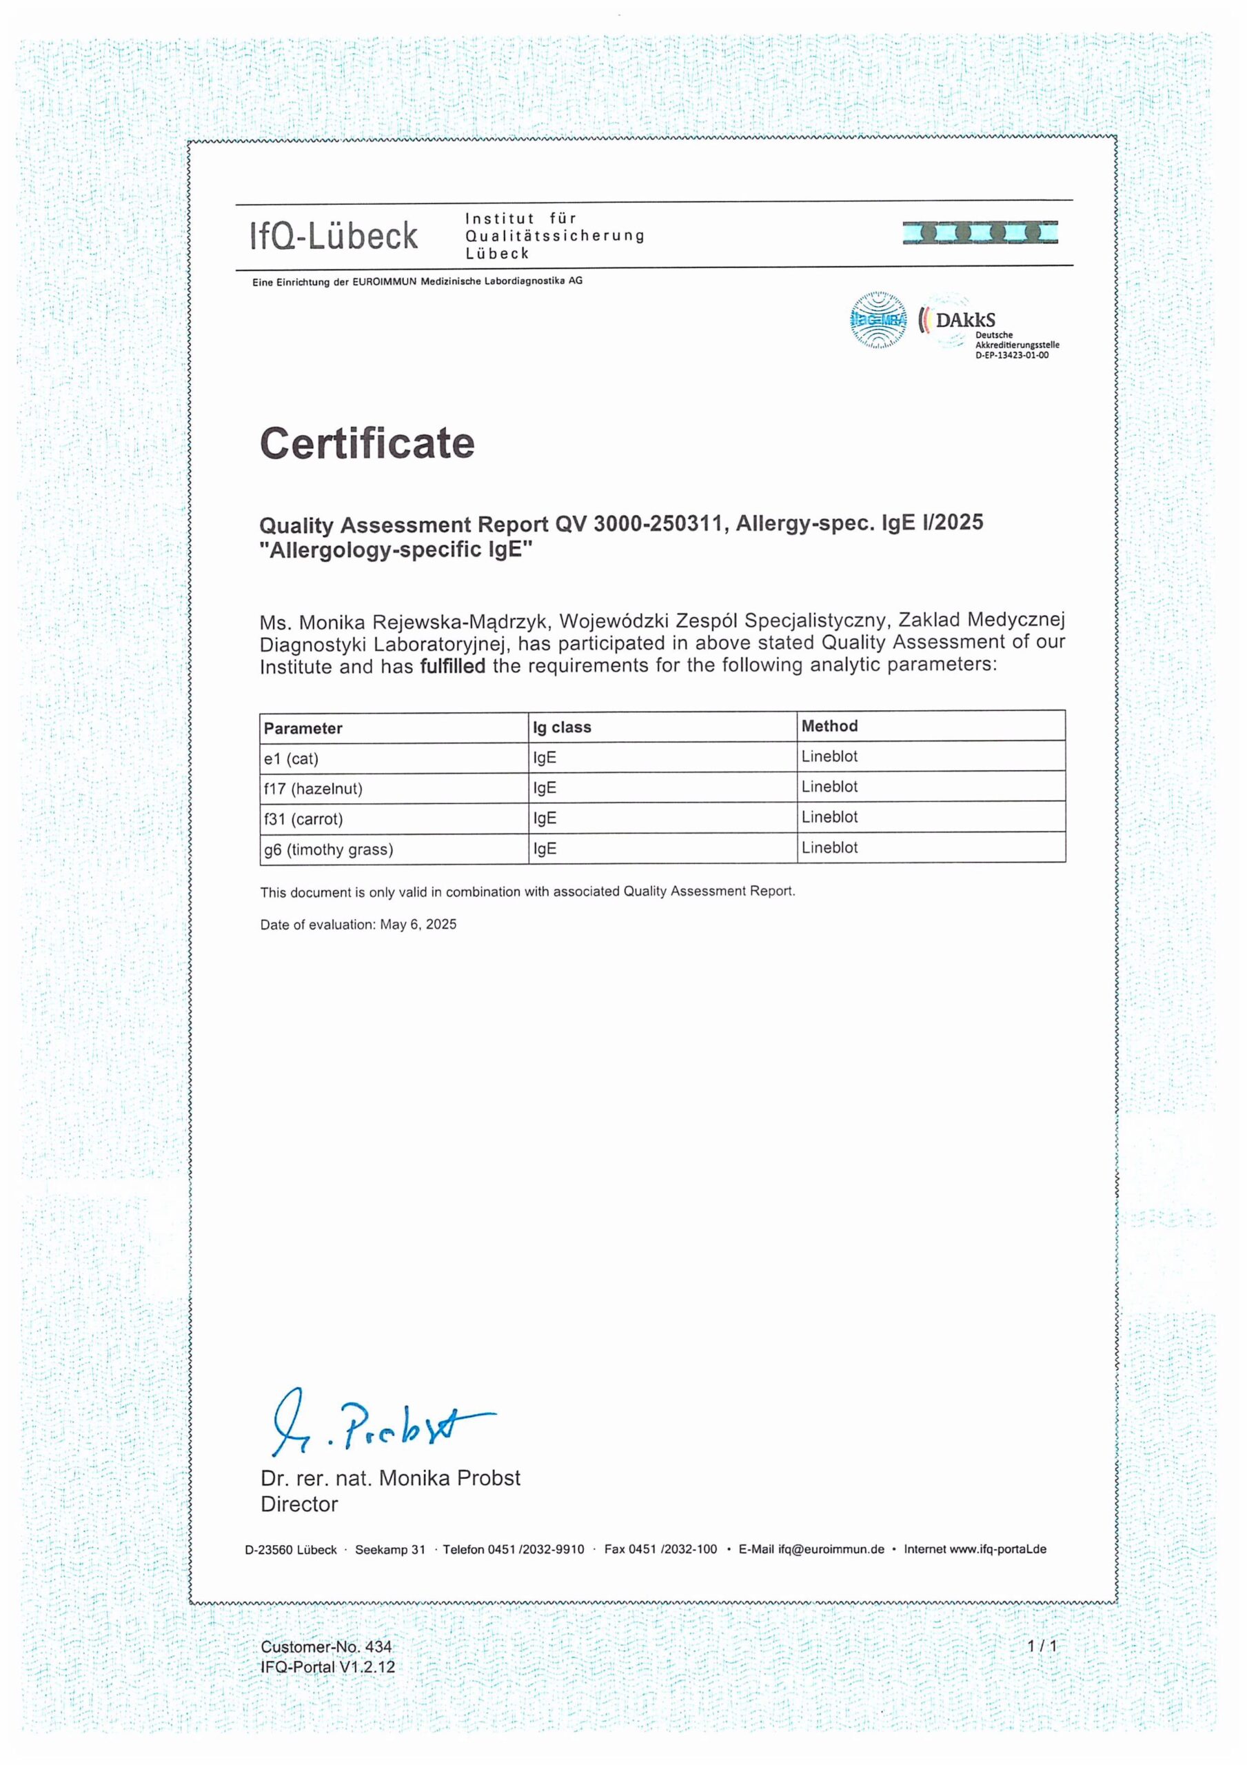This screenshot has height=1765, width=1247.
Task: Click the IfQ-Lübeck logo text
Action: tap(334, 236)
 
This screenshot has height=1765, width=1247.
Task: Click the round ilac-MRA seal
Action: tap(878, 321)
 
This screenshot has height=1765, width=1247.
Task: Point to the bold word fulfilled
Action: tap(452, 666)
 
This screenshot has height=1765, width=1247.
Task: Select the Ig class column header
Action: tap(562, 727)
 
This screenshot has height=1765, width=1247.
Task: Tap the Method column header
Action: tap(829, 726)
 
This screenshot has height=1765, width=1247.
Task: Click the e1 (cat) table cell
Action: tap(292, 758)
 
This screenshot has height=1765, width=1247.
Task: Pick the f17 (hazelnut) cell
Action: tap(313, 789)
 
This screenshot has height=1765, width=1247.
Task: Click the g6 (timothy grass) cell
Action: tap(328, 849)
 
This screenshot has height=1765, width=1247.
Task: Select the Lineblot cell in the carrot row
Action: tap(829, 817)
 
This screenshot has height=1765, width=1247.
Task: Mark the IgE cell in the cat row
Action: tap(545, 758)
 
